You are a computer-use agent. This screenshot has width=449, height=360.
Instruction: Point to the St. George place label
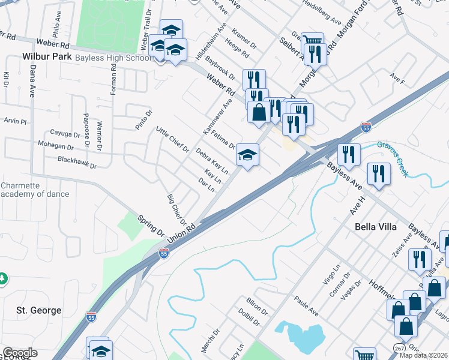click(x=38, y=310)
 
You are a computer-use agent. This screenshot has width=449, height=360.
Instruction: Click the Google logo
click(x=20, y=353)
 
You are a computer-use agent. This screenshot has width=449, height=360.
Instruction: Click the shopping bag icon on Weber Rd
click(x=258, y=112)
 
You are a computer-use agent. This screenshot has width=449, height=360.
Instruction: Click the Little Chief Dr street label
click(x=172, y=139)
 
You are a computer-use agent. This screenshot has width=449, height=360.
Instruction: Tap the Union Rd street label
click(x=182, y=230)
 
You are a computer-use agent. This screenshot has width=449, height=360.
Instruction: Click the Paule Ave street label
click(x=306, y=304)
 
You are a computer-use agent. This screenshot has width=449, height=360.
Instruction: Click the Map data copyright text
click(x=423, y=355)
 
